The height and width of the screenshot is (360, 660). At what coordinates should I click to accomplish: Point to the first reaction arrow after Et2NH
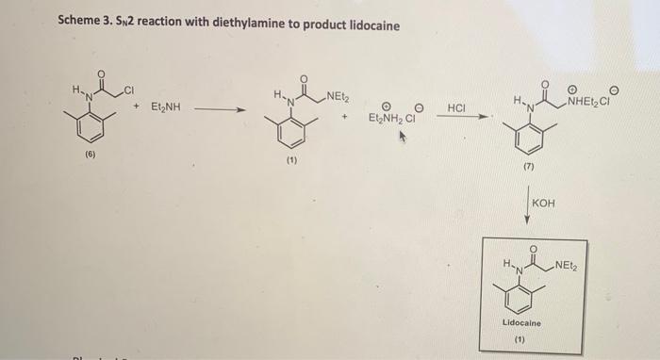pyautogui.click(x=223, y=109)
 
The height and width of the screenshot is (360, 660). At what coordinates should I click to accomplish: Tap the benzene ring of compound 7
pyautogui.click(x=527, y=139)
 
